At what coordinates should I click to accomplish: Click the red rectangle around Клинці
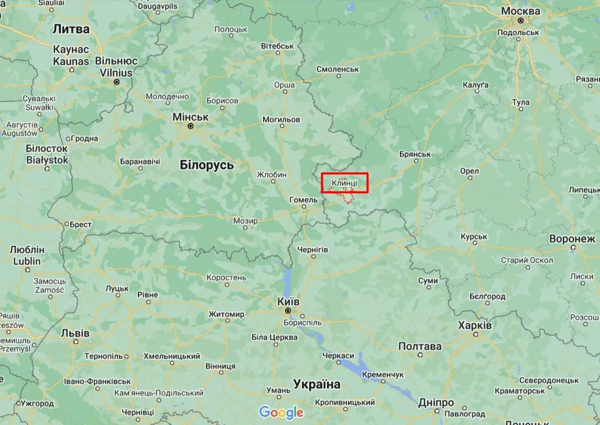click(x=345, y=183)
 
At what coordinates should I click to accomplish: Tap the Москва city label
click(x=520, y=11)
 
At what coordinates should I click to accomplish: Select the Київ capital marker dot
click(x=288, y=311)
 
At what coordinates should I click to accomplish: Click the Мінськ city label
click(x=191, y=117)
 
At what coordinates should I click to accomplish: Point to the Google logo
click(x=281, y=412)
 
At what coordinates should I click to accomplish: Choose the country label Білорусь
click(x=206, y=165)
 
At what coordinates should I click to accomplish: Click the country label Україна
click(x=317, y=384)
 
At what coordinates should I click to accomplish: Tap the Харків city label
click(x=475, y=325)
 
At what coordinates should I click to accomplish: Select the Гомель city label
click(x=303, y=200)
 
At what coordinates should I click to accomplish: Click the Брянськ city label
click(x=414, y=154)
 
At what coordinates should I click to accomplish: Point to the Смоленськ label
click(x=338, y=69)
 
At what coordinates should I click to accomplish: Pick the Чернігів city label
click(x=312, y=249)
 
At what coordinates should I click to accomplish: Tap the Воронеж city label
click(x=572, y=239)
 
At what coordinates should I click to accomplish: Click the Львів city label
click(x=75, y=333)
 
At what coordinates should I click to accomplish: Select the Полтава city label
click(x=420, y=346)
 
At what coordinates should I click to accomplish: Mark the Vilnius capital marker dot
click(x=117, y=82)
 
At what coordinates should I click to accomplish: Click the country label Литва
click(x=71, y=29)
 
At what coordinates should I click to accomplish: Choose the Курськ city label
click(x=474, y=237)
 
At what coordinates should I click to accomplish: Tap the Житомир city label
click(x=226, y=314)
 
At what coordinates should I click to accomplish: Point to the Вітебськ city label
click(x=277, y=46)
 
